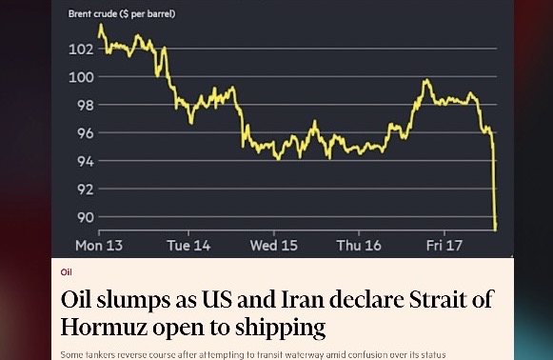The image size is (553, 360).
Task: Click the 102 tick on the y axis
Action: [81, 49]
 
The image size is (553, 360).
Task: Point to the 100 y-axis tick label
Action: [81, 77]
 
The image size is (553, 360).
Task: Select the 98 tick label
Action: [84, 105]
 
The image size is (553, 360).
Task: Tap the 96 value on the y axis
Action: [84, 133]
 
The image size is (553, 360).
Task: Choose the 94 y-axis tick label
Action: [84, 161]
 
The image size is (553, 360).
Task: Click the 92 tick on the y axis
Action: [84, 190]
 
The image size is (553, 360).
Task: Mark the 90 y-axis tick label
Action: [84, 217]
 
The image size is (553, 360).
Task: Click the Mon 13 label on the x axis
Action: [99, 246]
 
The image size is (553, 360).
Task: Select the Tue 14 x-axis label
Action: [188, 246]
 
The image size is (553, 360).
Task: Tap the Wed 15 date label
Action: [274, 246]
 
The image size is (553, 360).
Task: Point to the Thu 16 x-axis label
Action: [359, 246]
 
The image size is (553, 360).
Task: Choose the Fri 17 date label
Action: [444, 246]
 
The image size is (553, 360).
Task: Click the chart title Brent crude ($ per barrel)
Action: [122, 14]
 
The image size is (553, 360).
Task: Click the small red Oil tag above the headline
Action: [67, 272]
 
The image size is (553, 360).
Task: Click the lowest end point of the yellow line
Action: [496, 228]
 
